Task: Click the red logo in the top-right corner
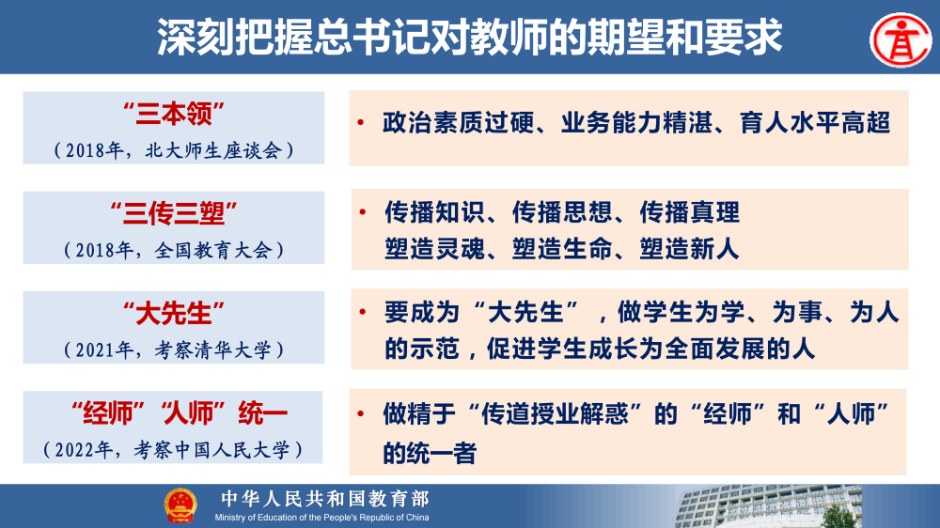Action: click(x=899, y=37)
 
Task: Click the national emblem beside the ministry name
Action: click(x=180, y=506)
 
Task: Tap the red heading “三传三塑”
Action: click(x=173, y=214)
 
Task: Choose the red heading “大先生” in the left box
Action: click(x=173, y=313)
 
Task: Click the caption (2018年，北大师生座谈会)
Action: click(x=173, y=149)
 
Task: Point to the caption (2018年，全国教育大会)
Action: click(x=173, y=250)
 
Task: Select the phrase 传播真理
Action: click(x=690, y=212)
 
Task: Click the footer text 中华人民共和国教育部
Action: click(x=324, y=499)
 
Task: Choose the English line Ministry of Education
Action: click(x=321, y=518)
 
